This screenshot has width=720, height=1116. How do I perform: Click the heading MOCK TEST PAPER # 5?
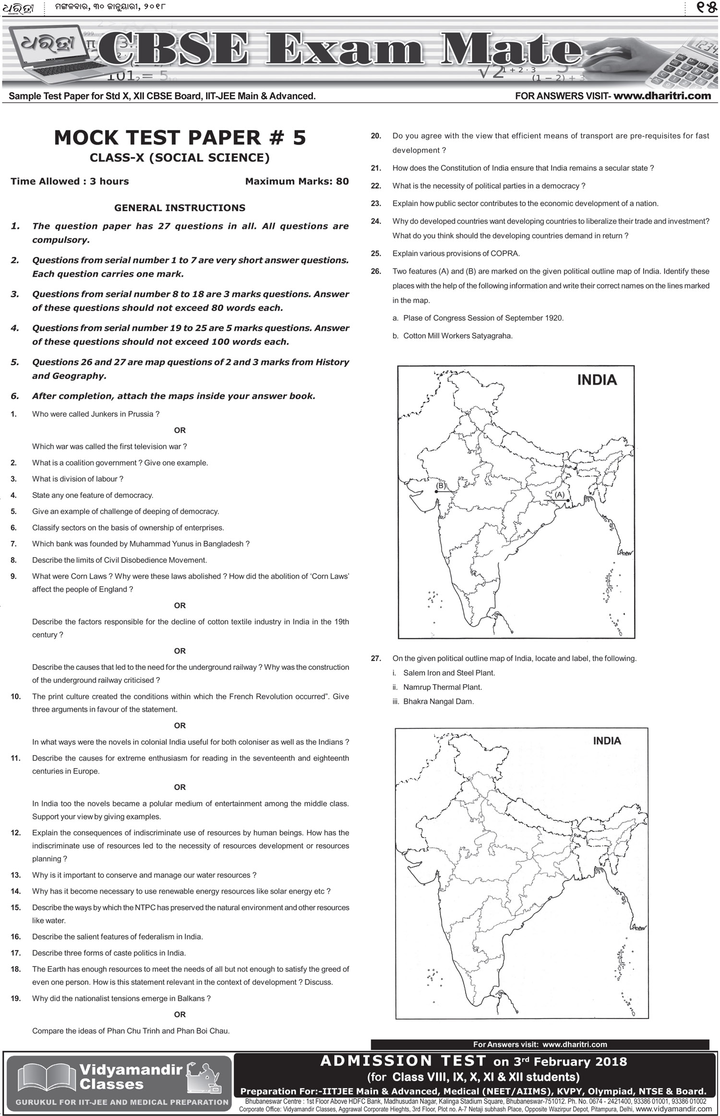pos(180,138)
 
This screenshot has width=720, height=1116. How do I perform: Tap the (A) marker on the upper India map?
pos(559,494)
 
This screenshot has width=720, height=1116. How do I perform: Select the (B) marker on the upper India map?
pos(440,486)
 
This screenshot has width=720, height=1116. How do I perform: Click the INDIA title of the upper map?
pos(597,380)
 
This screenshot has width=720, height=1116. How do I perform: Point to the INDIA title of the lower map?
pos(607,740)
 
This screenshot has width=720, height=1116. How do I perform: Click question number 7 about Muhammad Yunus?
pos(13,544)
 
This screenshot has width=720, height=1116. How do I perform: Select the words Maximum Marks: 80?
pos(297,182)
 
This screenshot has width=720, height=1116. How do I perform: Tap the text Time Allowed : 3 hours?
pos(70,182)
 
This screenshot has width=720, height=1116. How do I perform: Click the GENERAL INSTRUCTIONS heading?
pos(180,208)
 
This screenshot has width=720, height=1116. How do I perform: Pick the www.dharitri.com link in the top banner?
pos(662,96)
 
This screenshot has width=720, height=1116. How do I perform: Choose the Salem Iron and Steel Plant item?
pos(448,673)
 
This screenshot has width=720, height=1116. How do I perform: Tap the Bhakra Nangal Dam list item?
pos(438,702)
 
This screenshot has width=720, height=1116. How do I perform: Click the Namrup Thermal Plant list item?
pos(442,687)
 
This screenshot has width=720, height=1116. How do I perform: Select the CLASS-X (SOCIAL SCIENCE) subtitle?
pos(180,158)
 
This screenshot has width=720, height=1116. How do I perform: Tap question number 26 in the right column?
pos(376,271)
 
